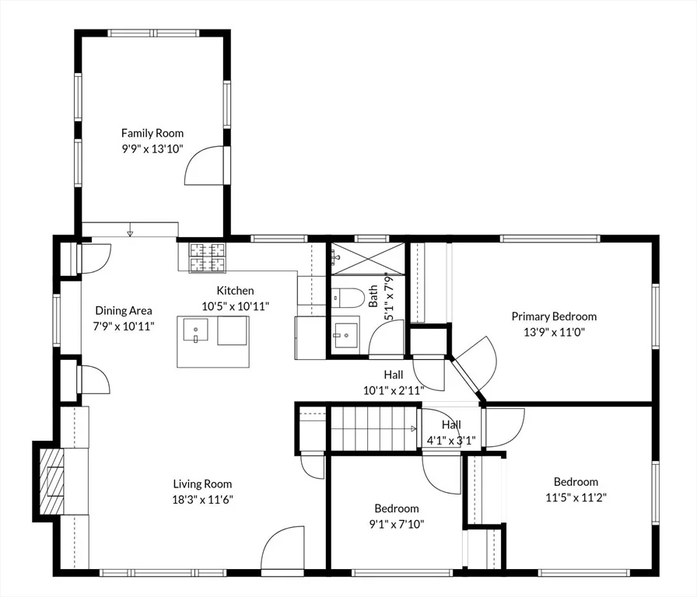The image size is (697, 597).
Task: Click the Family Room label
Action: tap(152, 133)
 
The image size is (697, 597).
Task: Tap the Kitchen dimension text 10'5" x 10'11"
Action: tap(235, 306)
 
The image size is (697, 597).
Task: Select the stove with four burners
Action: tap(207, 257)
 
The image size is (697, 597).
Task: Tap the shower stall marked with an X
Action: tap(368, 258)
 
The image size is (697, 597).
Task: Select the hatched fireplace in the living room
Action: tap(51, 481)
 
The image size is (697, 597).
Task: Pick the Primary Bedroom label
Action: tap(554, 316)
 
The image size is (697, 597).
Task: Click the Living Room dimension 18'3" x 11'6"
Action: tap(203, 500)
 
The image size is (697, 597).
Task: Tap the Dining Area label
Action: tap(124, 310)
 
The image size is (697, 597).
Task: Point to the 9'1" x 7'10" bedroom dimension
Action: tap(397, 524)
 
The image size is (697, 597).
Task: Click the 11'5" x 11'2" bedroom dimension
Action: tap(576, 497)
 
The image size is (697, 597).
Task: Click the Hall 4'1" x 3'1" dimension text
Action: tap(451, 441)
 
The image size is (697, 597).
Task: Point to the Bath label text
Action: tap(373, 296)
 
